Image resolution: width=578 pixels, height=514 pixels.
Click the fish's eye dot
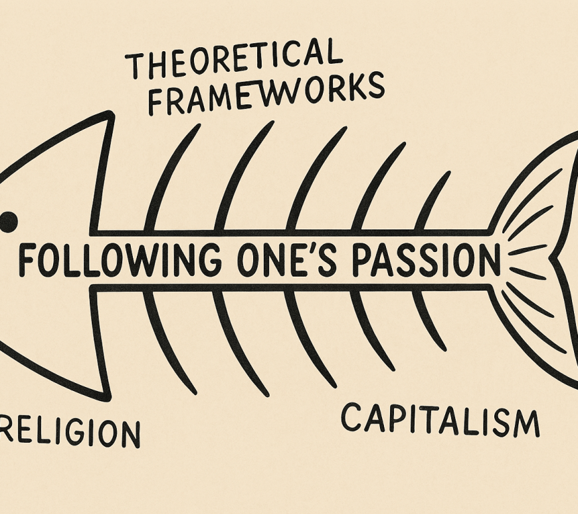point(7,222)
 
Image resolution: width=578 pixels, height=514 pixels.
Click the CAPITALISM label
point(439,420)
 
